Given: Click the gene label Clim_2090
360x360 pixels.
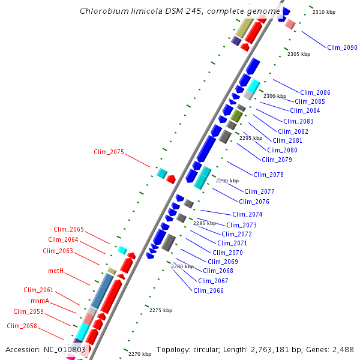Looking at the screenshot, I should click(342, 47).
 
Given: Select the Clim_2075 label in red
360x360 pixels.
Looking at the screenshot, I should click(109, 152).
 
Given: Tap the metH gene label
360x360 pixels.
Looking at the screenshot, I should click(55, 271).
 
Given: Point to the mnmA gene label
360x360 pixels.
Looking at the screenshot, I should click(40, 301).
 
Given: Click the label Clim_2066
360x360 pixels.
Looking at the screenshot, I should click(208, 290).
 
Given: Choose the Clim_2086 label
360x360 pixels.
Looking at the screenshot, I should click(315, 92).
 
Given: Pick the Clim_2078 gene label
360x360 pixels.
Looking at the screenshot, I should click(268, 175).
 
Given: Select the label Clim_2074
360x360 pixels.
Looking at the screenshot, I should click(247, 214).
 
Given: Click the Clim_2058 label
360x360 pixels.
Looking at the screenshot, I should click(22, 326).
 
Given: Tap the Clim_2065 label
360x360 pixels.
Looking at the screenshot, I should click(68, 229).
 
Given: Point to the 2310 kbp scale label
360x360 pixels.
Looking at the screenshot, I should click(325, 12).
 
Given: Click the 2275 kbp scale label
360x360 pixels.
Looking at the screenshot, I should click(161, 310).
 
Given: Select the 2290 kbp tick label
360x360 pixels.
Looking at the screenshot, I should click(227, 181).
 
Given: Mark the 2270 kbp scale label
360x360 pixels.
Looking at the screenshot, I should click(140, 354).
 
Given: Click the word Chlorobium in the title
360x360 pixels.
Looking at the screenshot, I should click(102, 11).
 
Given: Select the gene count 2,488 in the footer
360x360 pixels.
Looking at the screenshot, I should click(342, 349).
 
